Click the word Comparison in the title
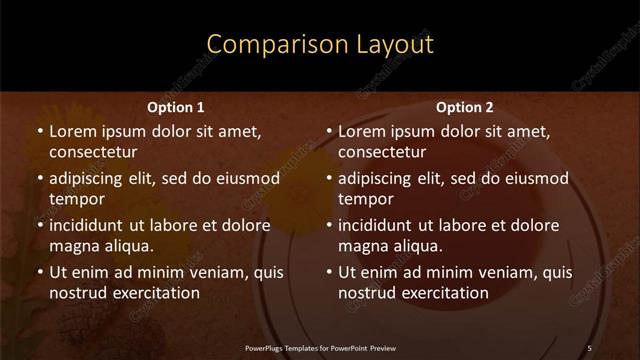pos(266,45)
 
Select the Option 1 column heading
pos(176,107)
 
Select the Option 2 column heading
pos(465,107)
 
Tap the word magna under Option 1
pos(72,246)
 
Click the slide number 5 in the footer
pos(589,347)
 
